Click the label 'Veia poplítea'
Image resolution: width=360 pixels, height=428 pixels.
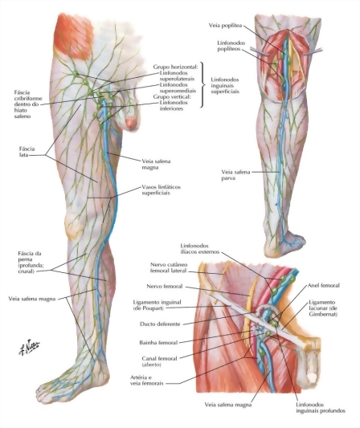point(225,26)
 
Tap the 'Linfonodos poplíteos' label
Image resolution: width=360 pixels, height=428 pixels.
point(231,46)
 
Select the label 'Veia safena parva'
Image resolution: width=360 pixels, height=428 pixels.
point(235,175)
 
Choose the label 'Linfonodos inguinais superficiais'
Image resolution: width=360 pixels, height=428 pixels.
point(225,85)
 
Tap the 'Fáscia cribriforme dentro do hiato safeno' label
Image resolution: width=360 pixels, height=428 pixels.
point(28,104)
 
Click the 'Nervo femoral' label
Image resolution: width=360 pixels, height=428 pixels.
point(165,287)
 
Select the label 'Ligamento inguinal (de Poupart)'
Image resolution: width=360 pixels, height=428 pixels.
point(157,305)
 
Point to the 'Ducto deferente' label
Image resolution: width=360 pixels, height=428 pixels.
point(160,324)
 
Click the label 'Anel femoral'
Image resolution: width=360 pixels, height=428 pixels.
point(324,286)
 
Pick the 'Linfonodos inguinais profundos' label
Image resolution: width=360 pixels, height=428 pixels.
point(321,408)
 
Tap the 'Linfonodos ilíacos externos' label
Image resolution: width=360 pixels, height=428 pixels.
point(200,249)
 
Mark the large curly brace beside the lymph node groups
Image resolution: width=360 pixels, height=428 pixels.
point(203,84)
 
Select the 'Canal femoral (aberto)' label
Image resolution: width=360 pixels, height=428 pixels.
point(160,361)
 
